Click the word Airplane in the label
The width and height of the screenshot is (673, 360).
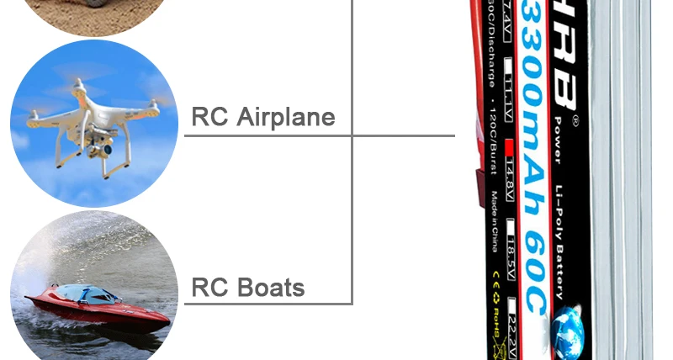pyautogui.click(x=286, y=117)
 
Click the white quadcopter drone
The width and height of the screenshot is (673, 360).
pyautogui.click(x=93, y=118)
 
